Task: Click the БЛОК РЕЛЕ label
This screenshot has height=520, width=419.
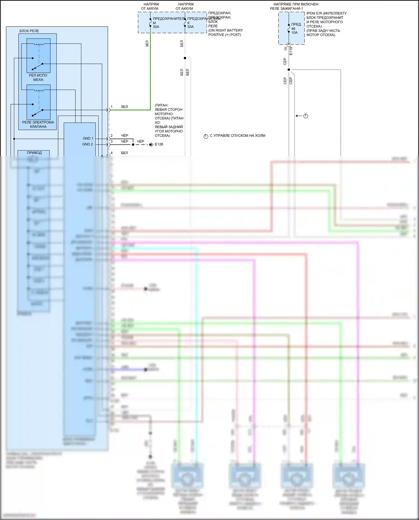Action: point(29,31)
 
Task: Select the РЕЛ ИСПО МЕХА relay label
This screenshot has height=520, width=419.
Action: point(38,77)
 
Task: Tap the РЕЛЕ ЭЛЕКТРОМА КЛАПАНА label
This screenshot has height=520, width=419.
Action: point(38,124)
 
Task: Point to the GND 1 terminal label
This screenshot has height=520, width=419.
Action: point(88,138)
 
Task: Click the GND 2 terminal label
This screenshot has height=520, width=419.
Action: point(87,144)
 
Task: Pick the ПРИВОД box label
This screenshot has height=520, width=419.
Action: point(34,153)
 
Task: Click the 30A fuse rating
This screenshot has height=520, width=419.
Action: point(156,27)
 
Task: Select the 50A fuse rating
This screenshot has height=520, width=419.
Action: point(191,27)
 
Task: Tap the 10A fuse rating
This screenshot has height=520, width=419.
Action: point(294,33)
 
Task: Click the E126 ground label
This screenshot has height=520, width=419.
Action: point(159,144)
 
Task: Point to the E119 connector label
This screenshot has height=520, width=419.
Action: point(291,51)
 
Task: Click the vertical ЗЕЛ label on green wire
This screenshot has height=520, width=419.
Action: point(147,44)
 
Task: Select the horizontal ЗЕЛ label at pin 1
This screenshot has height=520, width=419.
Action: point(124,107)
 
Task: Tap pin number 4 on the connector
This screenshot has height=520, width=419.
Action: point(111,153)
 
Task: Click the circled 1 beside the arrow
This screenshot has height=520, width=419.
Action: point(306,116)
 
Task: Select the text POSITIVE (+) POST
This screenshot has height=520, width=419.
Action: point(225,35)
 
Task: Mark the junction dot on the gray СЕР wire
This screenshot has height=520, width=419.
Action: point(289,70)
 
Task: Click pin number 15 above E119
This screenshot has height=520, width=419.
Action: point(285,49)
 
